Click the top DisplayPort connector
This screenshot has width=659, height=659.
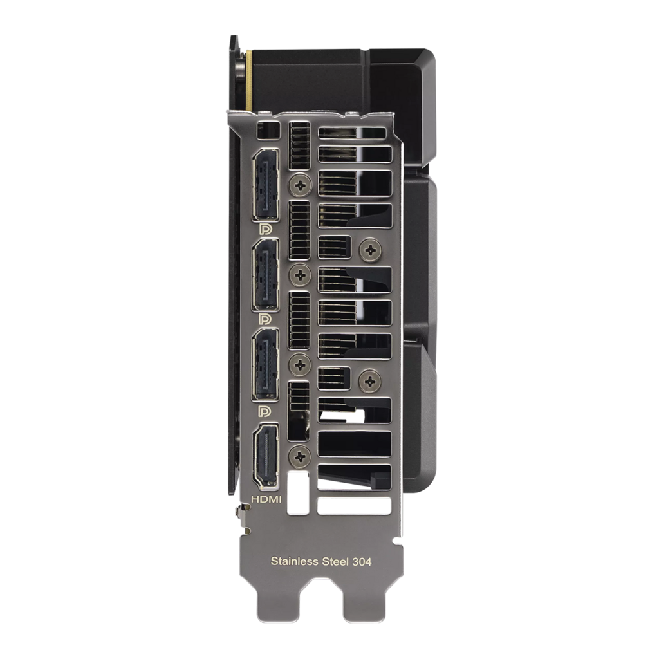pyautogui.click(x=265, y=185)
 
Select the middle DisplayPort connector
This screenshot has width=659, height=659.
pyautogui.click(x=265, y=275)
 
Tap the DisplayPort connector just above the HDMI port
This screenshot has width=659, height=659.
pyautogui.click(x=265, y=365)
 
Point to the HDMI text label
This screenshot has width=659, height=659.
pyautogui.click(x=266, y=499)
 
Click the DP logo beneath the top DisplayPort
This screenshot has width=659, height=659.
pyautogui.click(x=265, y=229)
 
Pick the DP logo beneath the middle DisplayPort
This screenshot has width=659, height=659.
pyautogui.click(x=265, y=319)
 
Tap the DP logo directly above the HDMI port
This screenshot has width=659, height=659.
pyautogui.click(x=265, y=411)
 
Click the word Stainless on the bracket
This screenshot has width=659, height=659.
pyautogui.click(x=294, y=561)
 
